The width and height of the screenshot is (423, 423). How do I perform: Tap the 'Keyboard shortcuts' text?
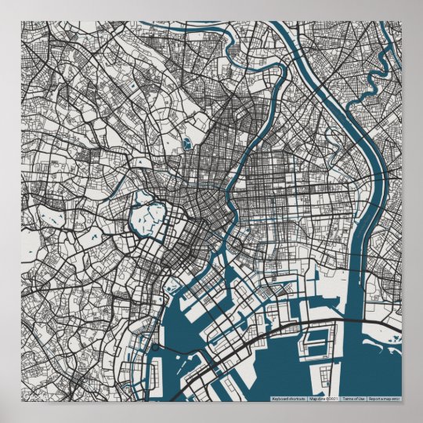(x=288, y=399)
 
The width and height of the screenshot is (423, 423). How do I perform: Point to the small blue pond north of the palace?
(x=188, y=144)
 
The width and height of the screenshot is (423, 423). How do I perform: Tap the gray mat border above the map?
(x=211, y=9)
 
